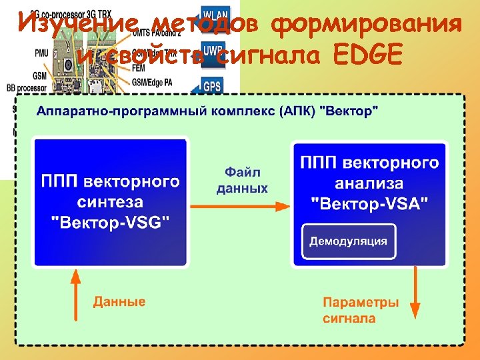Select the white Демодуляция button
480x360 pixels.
(348, 241)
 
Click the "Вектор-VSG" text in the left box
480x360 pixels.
(111, 223)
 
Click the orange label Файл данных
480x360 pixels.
(242, 180)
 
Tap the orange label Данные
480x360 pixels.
(119, 301)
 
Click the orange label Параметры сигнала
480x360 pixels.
(361, 310)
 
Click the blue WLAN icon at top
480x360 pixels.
(213, 15)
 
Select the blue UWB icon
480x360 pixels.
(213, 50)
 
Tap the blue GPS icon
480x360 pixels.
(213, 86)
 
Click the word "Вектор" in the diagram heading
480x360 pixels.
(349, 111)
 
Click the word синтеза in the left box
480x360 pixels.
(111, 202)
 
